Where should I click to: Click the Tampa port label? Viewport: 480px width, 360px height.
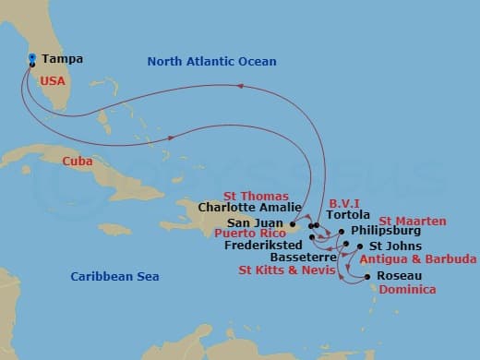coord(63,59)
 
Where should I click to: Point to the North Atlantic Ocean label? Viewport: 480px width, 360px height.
coord(211,61)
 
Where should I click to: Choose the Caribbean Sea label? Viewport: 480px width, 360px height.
coord(115,277)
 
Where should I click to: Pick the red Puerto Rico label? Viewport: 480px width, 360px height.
coord(249,234)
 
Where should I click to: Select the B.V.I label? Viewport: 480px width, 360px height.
coord(343,201)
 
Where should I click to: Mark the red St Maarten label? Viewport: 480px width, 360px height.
coord(413,222)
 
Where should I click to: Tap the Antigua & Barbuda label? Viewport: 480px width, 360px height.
coord(418,259)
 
